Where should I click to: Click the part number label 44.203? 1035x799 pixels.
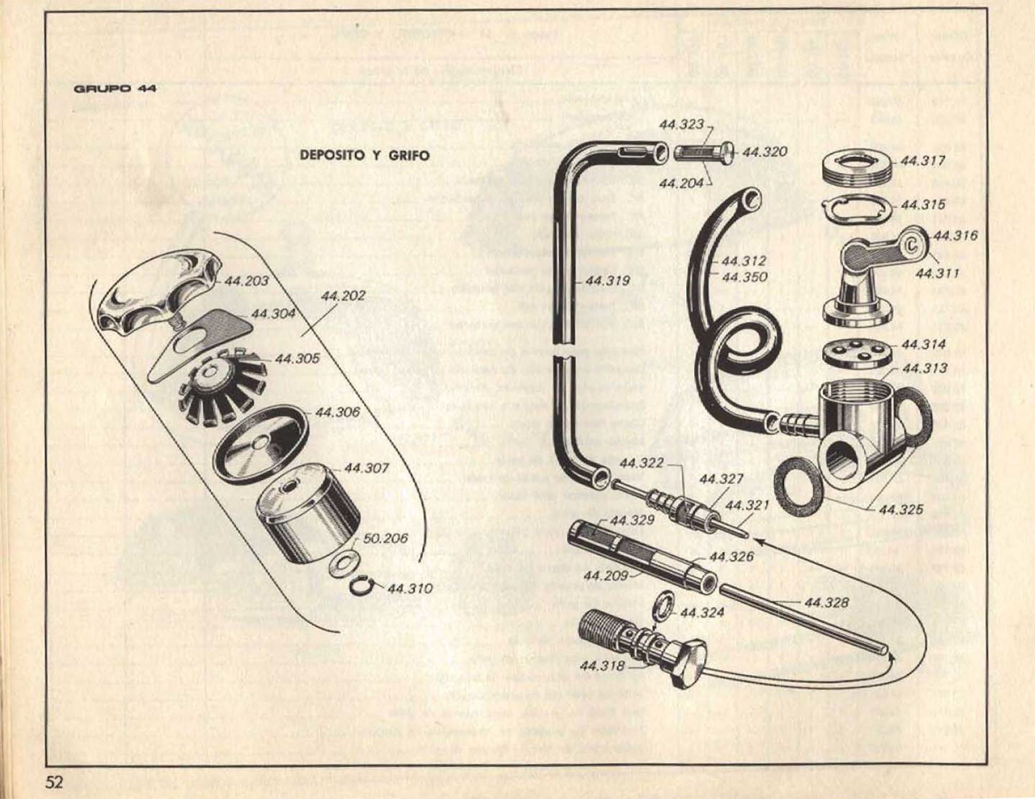point(246,281)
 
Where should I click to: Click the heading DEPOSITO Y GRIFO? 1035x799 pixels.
point(364,155)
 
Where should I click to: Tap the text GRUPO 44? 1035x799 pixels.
point(115,88)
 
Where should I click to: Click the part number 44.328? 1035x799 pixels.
point(827,603)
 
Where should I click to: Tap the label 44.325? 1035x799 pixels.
point(901,510)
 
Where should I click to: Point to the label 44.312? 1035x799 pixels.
point(743,261)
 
